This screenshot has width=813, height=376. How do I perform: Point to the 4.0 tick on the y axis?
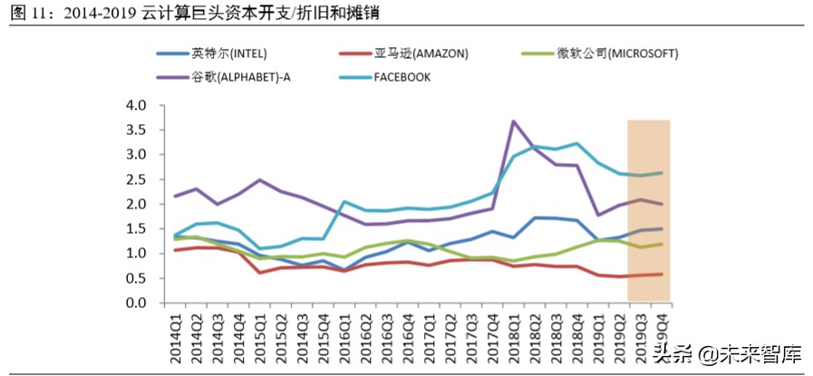click(135, 105)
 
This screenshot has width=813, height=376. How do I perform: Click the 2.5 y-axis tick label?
click(135, 179)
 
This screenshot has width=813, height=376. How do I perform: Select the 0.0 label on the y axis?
click(135, 303)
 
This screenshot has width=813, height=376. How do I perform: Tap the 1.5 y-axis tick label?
click(135, 228)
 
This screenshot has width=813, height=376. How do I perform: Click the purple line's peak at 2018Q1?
click(514, 121)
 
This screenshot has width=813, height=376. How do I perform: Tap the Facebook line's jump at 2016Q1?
click(344, 201)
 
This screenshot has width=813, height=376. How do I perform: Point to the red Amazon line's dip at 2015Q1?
click(259, 272)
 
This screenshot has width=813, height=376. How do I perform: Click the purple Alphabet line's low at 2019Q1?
click(599, 215)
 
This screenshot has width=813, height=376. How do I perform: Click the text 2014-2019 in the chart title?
click(102, 12)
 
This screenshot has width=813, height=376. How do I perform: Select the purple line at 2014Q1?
click(174, 197)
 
